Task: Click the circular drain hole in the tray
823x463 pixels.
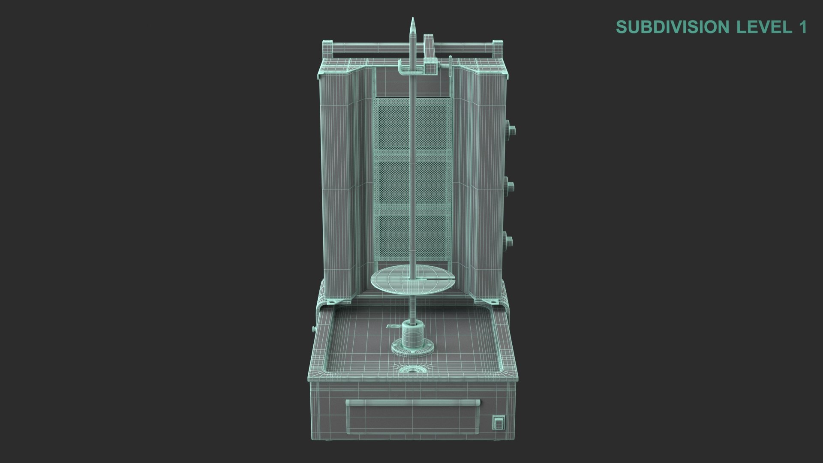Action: tap(411, 369)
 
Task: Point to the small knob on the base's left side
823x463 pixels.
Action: tap(313, 329)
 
